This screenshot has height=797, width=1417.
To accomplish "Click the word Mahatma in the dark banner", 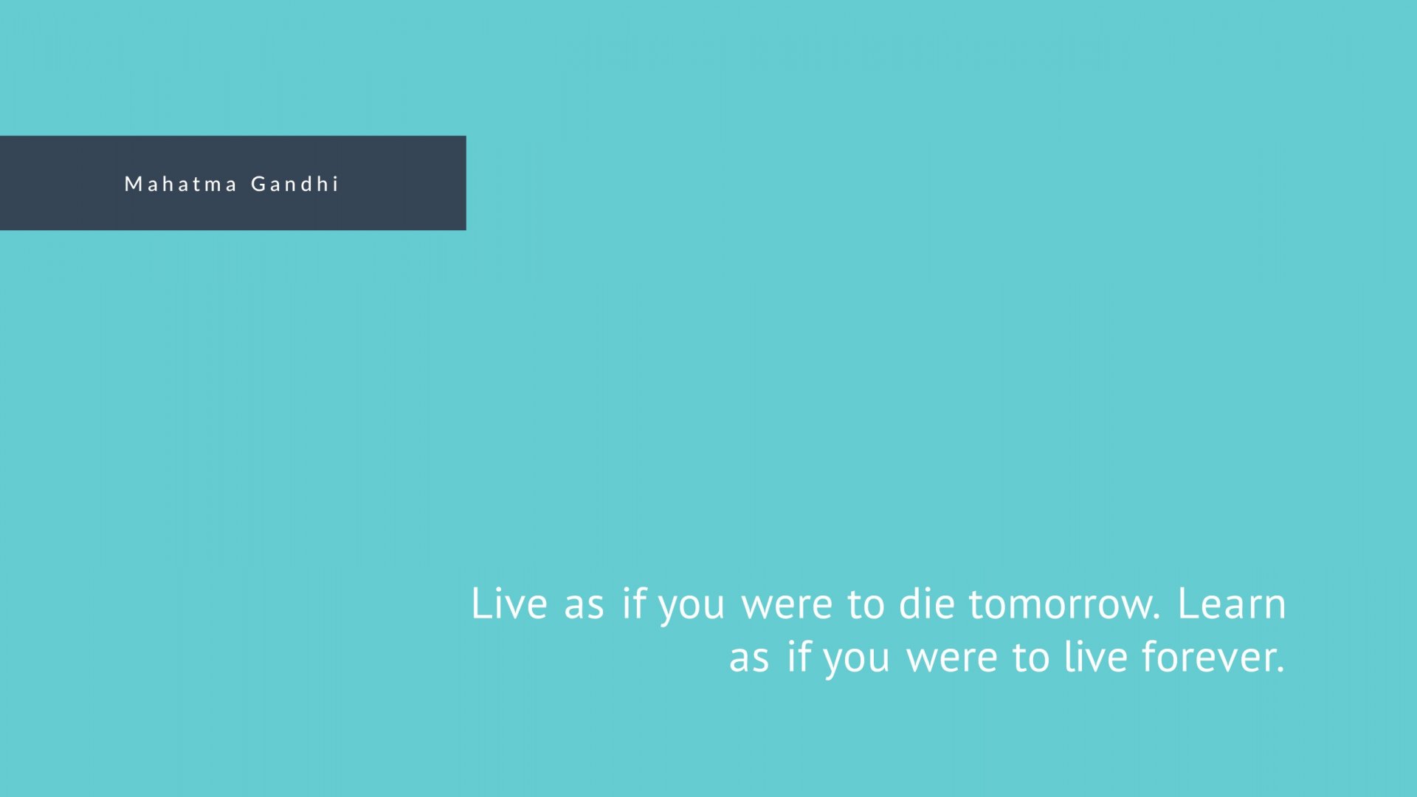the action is (181, 184).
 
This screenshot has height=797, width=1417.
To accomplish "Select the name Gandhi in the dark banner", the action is (294, 184).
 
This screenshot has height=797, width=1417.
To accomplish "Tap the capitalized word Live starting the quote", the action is (509, 604).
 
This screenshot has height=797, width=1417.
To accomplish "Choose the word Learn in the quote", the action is (1232, 604).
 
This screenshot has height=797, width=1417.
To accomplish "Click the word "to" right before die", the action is (866, 605).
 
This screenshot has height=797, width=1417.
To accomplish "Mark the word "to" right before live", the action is (1031, 658).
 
